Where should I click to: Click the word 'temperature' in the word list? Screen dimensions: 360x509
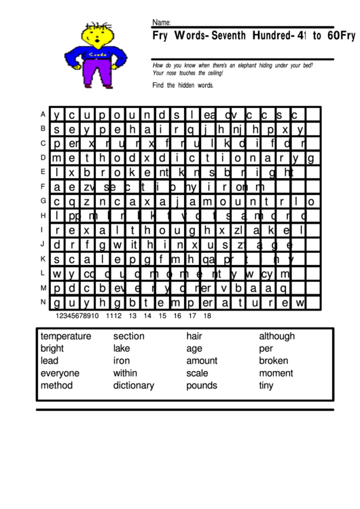(x=66, y=336)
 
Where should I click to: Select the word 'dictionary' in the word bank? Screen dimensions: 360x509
(x=134, y=385)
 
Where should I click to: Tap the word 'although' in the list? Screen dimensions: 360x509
(x=277, y=336)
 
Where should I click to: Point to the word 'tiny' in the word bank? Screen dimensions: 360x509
(x=266, y=385)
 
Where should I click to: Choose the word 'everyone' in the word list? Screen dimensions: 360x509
(x=60, y=373)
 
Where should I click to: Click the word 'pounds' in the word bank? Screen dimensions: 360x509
(x=202, y=385)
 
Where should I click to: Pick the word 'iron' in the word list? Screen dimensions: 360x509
(x=122, y=361)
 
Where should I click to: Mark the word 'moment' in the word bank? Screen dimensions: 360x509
(x=276, y=373)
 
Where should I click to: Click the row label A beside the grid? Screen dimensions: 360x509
(x=43, y=114)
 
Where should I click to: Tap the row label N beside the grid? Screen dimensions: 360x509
(x=43, y=301)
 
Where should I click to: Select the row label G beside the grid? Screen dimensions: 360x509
(x=43, y=200)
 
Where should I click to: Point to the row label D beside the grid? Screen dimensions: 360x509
(x=43, y=157)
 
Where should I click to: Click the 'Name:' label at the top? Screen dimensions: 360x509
(x=161, y=22)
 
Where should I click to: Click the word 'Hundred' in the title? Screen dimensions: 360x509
(x=258, y=35)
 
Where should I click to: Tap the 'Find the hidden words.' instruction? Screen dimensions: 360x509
(x=183, y=85)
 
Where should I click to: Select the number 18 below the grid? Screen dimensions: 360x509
(x=206, y=315)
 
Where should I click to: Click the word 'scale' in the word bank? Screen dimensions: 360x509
(x=198, y=373)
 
